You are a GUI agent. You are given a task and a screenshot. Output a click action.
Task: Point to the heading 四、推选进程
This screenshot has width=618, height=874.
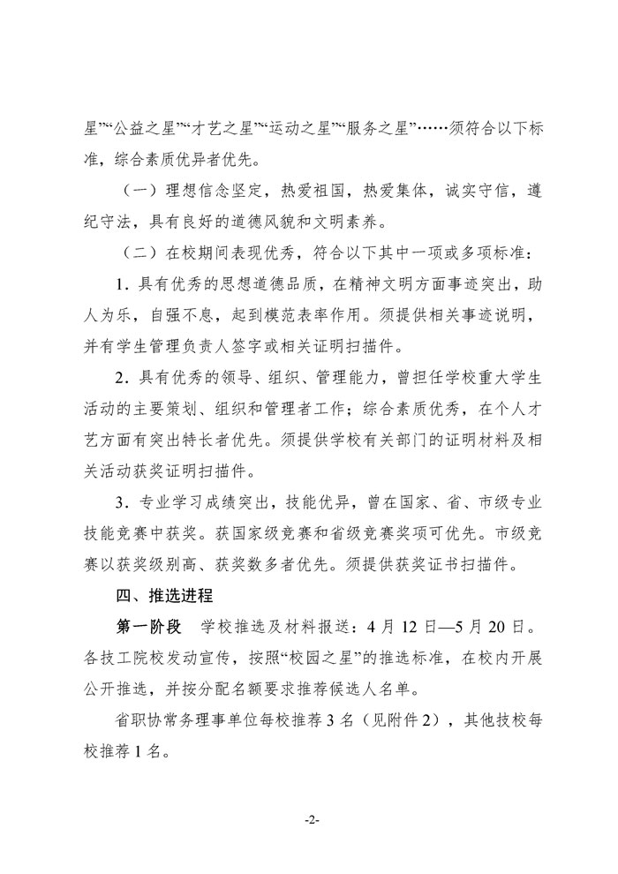click(x=161, y=594)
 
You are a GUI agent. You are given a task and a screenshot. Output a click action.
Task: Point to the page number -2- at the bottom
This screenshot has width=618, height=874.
click(x=309, y=819)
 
